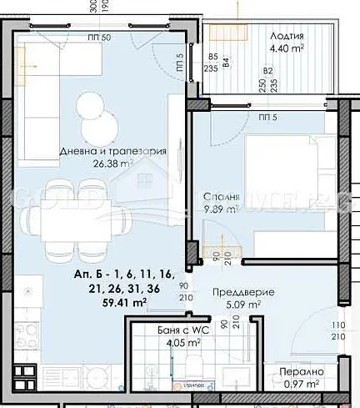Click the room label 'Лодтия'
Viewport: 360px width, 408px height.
click(x=287, y=36)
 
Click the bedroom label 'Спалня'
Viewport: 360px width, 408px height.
click(x=221, y=198)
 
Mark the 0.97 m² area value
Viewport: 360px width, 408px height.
click(x=299, y=384)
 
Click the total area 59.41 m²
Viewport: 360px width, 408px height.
click(x=102, y=303)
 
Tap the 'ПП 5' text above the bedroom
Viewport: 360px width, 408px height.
click(x=267, y=117)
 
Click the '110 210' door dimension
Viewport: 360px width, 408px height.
click(x=337, y=330)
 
